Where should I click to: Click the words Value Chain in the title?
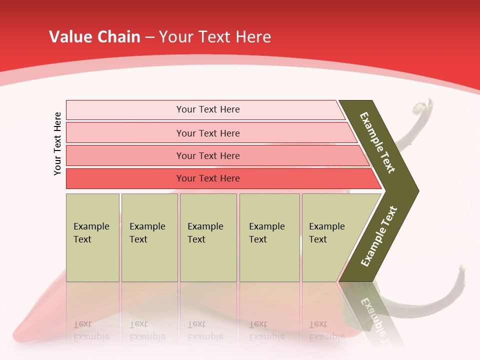94,37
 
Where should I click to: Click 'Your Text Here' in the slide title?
214,37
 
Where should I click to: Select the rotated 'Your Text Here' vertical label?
57,143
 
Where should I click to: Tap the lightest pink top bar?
207,109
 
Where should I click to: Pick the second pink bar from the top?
207,133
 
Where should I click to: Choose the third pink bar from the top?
207,155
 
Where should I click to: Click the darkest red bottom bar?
207,178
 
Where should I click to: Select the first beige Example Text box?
92,237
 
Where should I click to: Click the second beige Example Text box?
149,237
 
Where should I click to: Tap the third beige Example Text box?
208,237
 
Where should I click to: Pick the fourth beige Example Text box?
269,237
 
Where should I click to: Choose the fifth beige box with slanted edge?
330,237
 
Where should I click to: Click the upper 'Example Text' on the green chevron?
377,142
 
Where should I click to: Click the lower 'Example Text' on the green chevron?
379,236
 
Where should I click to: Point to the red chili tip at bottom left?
20,332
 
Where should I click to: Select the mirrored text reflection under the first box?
92,330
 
